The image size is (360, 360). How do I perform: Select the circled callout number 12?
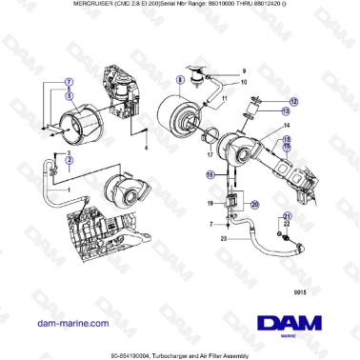tap(294, 101)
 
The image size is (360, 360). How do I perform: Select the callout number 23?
tap(223, 240)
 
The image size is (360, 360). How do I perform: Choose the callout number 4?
tap(147, 150)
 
